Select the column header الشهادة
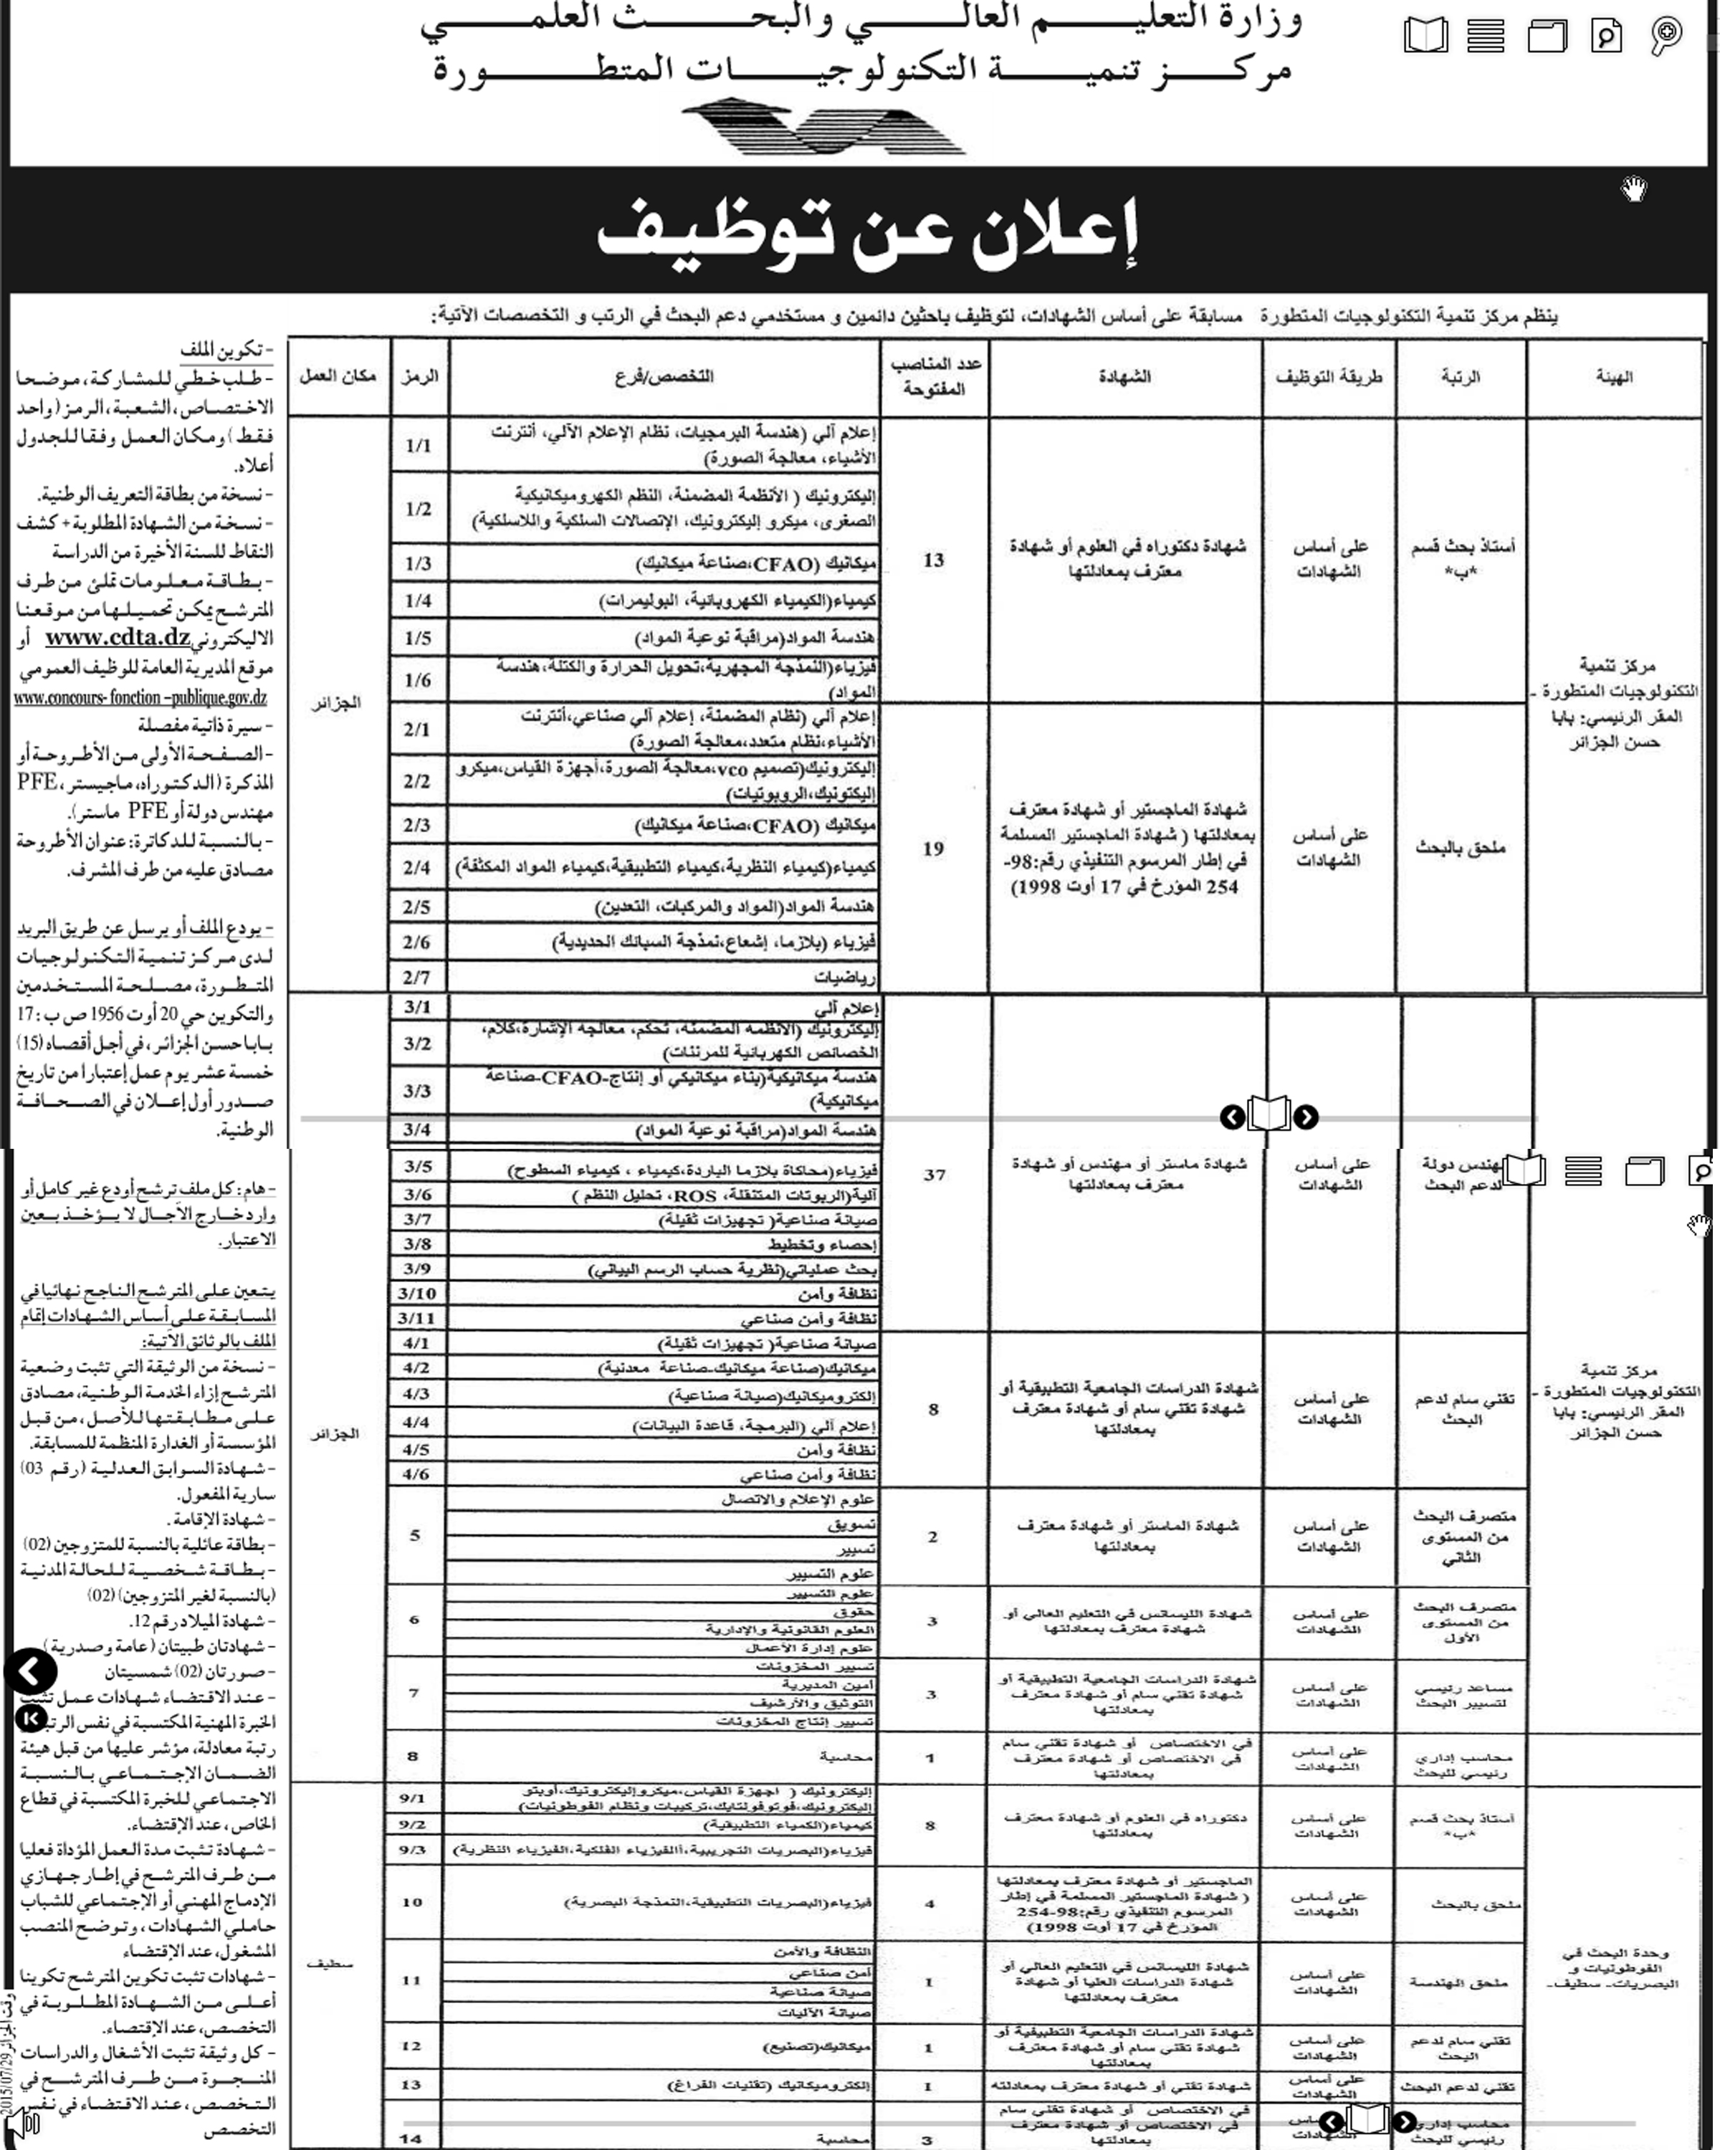tap(1124, 377)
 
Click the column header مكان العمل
tap(337, 377)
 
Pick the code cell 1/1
tap(418, 446)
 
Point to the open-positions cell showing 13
tap(933, 560)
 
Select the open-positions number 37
tap(935, 1175)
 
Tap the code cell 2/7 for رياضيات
tap(417, 978)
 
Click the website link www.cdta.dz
tap(118, 637)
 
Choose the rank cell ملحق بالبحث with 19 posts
tap(1460, 848)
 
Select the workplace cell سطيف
tap(330, 1962)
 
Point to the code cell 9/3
tap(413, 1849)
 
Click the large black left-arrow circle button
tap(31, 1671)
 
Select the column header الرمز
tap(419, 377)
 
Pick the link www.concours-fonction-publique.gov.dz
tap(140, 697)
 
